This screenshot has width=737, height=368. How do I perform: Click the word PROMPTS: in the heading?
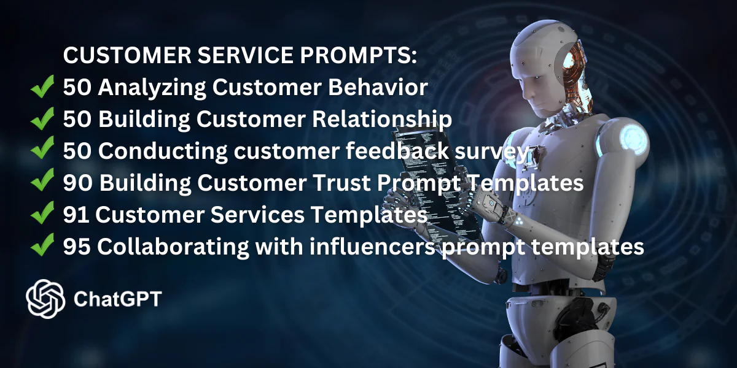tap(358, 55)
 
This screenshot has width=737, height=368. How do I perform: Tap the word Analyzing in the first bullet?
tap(152, 88)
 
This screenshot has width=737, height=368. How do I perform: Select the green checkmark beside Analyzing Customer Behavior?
tap(42, 86)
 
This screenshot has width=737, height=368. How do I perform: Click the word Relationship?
tap(381, 119)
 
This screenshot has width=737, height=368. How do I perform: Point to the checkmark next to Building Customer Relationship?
tap(42, 118)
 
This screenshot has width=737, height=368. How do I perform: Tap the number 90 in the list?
tap(77, 183)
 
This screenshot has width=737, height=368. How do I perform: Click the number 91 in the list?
tap(76, 215)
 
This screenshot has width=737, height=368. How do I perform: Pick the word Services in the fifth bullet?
tap(257, 215)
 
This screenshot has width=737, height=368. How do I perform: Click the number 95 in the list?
tap(77, 247)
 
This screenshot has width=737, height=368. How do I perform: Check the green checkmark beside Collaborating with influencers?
tap(42, 245)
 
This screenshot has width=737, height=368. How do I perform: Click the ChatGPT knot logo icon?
tap(45, 299)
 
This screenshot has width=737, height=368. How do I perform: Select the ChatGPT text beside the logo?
tap(117, 299)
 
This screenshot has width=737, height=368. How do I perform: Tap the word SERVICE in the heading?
tap(245, 55)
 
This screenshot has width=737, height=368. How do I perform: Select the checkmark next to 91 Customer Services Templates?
tap(42, 213)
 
